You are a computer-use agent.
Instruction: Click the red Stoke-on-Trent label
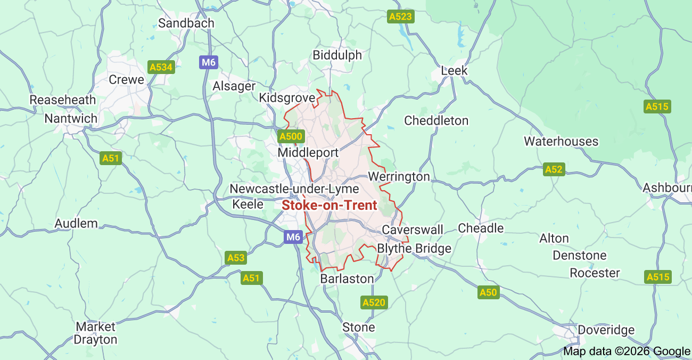329,205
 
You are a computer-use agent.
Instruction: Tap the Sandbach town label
186,23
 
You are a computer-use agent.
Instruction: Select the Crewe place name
126,79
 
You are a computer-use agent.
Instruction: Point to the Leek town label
454,70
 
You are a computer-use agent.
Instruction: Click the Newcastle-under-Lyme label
294,189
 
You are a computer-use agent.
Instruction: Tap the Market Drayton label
96,333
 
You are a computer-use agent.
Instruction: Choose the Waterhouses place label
561,141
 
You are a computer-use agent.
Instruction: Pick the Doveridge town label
606,330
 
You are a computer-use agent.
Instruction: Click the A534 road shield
161,67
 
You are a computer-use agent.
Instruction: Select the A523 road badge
400,17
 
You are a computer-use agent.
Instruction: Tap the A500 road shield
291,136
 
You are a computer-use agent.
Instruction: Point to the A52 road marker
554,169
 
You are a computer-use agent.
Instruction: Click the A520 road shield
374,302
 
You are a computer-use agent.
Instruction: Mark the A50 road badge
488,292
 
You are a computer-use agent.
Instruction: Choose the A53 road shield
236,258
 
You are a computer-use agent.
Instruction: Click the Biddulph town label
337,55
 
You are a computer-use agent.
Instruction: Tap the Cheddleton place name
436,120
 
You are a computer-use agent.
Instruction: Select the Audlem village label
77,223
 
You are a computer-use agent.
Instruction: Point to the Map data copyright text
626,351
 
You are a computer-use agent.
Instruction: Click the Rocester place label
595,273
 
